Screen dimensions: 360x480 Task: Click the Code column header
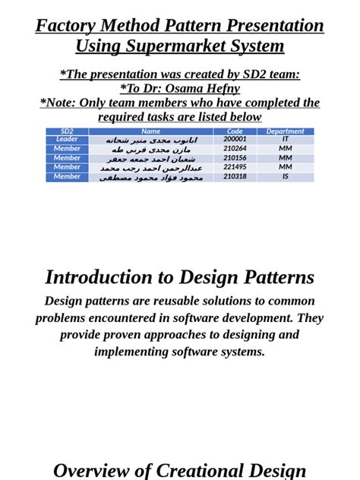[235, 131]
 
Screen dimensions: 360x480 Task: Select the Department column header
[286, 131]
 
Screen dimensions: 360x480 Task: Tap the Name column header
[150, 131]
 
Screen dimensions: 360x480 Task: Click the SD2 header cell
[67, 131]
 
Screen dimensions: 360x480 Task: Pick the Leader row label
[67, 140]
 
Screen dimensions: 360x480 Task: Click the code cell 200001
[235, 140]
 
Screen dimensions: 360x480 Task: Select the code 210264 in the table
[235, 149]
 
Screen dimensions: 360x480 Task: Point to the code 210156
[235, 158]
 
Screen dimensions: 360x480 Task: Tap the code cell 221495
[235, 167]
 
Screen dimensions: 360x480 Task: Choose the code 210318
[235, 176]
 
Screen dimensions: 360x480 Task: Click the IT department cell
[286, 140]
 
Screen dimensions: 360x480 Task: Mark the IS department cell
[286, 176]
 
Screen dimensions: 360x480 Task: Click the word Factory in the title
[67, 26]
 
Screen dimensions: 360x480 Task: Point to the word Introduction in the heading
[99, 278]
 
